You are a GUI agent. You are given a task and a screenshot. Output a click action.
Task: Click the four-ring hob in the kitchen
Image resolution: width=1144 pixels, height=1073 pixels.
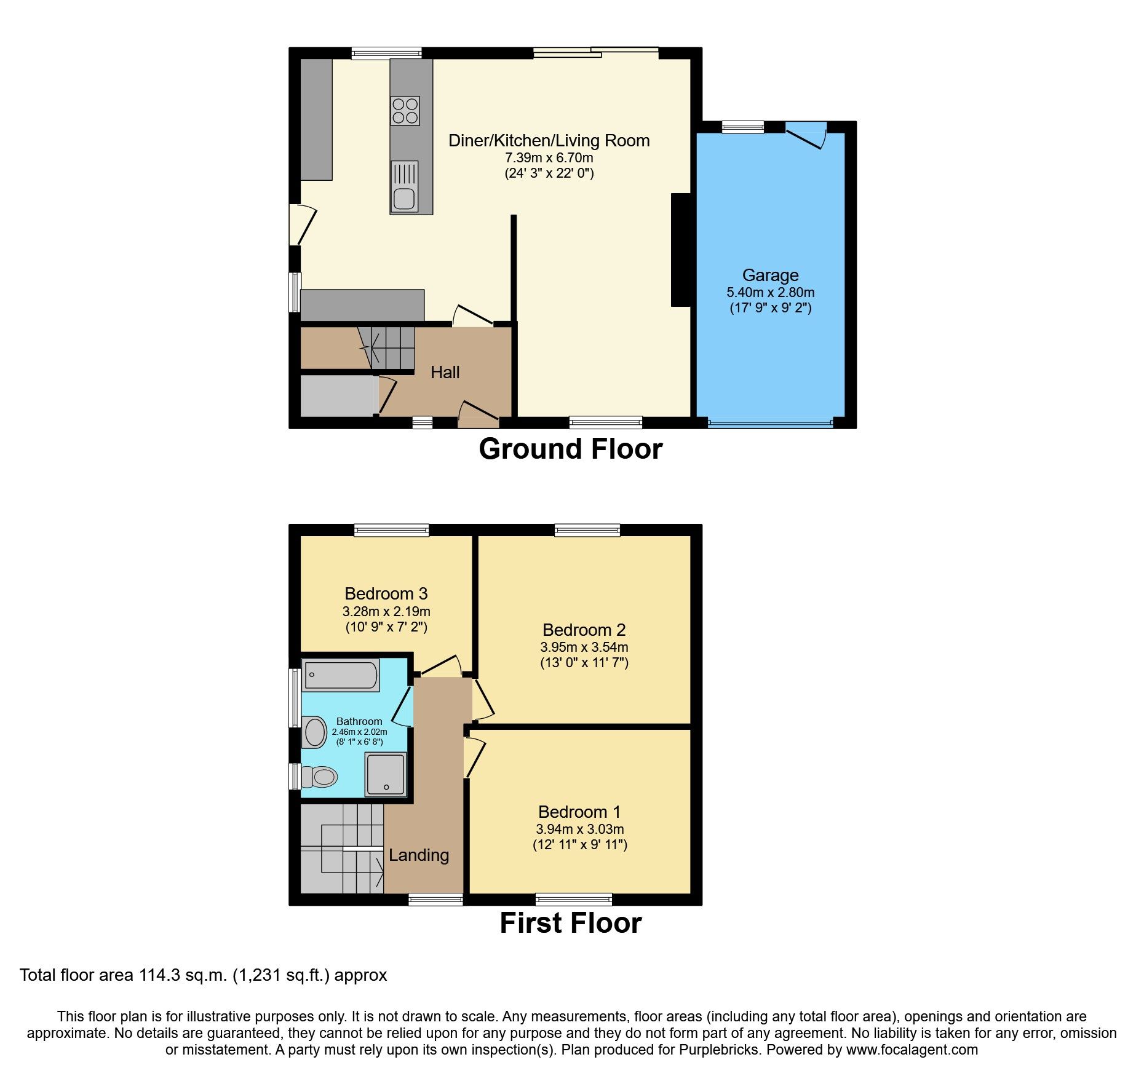(x=405, y=111)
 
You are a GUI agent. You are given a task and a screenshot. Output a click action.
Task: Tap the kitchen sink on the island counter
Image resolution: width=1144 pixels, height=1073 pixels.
(x=404, y=187)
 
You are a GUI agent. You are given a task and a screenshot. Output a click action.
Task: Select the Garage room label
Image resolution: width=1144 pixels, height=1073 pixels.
(x=770, y=275)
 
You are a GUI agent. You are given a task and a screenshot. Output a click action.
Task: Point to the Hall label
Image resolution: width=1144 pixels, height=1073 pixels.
(x=445, y=373)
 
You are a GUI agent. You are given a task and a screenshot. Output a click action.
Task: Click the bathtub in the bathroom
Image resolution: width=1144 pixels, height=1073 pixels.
(x=340, y=675)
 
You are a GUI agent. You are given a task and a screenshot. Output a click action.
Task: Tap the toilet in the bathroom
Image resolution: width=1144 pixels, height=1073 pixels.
(x=321, y=777)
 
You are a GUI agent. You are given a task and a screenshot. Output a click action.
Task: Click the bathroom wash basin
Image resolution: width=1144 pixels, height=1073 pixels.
(x=315, y=732)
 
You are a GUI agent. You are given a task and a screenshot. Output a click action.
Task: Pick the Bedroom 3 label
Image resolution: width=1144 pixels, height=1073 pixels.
(x=386, y=594)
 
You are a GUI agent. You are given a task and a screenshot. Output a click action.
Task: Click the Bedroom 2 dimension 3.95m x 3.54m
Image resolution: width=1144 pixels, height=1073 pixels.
(x=584, y=647)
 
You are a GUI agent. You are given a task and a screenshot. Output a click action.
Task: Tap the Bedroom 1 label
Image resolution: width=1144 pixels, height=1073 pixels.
(x=579, y=812)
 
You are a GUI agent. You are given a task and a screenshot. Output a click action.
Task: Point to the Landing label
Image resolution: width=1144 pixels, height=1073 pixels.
(x=418, y=855)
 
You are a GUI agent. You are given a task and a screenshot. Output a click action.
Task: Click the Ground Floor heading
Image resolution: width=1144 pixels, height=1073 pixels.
(x=570, y=449)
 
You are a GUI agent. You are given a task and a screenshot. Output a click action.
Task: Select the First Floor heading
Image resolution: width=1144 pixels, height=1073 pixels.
(x=570, y=923)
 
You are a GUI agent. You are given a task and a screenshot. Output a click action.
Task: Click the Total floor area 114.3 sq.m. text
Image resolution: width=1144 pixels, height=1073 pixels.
(x=203, y=975)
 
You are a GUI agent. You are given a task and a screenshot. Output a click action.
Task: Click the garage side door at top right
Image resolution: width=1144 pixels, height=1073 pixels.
(x=807, y=135)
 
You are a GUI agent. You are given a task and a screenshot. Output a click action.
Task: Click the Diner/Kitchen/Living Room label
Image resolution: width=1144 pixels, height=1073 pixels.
(x=549, y=141)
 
